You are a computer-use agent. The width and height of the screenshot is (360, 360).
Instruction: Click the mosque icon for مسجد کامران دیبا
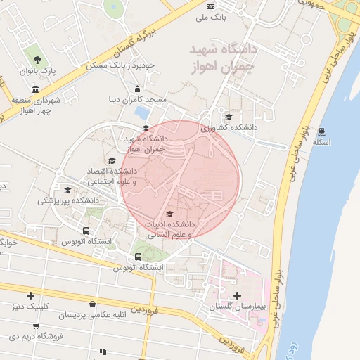[x=137, y=89]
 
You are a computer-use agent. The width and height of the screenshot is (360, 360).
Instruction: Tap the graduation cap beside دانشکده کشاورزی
[x=228, y=117]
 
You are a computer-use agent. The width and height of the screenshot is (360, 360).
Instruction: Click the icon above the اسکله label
[x=321, y=131]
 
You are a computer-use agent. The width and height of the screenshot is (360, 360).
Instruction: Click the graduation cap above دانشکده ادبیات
[x=169, y=214]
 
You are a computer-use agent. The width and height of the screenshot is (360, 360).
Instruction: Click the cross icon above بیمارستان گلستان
[x=237, y=296]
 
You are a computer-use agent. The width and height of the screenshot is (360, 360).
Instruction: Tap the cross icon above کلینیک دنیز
[x=30, y=295]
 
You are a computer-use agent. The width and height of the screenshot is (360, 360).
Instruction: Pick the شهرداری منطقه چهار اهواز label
[x=35, y=106]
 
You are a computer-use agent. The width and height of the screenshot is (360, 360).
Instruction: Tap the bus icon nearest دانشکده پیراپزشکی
[x=86, y=231]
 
